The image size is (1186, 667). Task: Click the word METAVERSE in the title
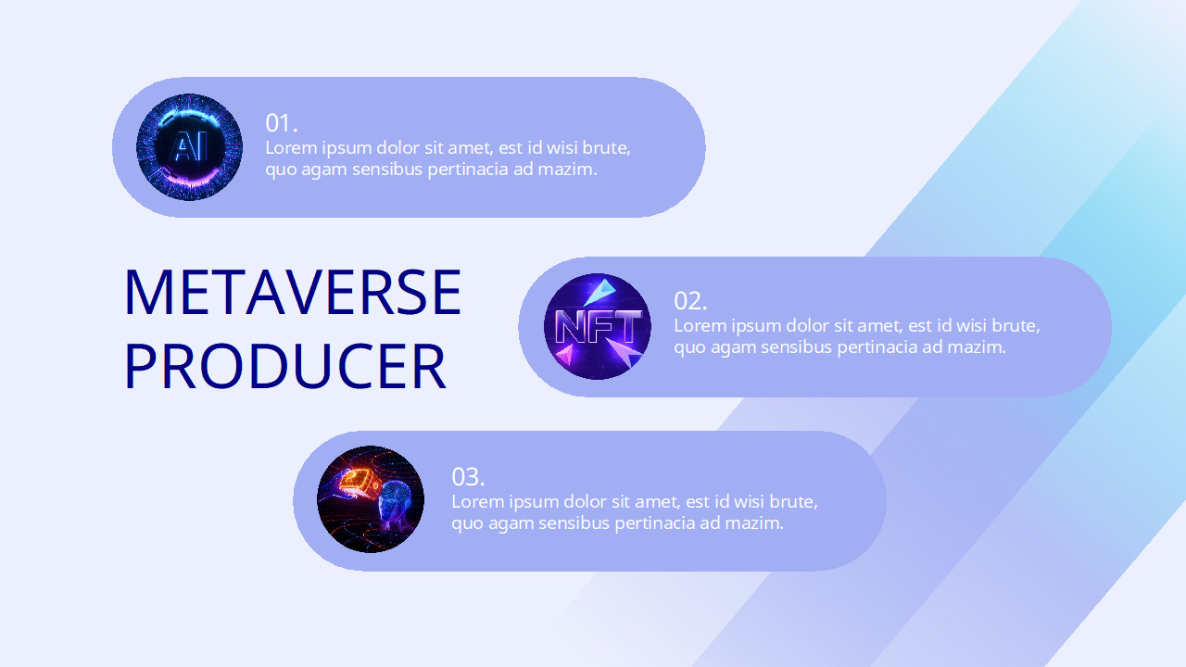(292, 292)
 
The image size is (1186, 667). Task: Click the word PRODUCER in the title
(284, 366)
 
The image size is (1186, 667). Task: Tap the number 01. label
(281, 123)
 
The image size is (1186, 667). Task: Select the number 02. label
(690, 301)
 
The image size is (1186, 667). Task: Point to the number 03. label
(468, 477)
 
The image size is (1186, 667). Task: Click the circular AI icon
(189, 147)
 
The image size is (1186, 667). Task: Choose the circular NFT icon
(598, 326)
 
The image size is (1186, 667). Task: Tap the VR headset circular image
(371, 499)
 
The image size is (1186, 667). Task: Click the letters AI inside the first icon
(190, 147)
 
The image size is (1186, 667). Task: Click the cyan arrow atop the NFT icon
(600, 290)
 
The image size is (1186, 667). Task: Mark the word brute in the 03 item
(793, 502)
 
